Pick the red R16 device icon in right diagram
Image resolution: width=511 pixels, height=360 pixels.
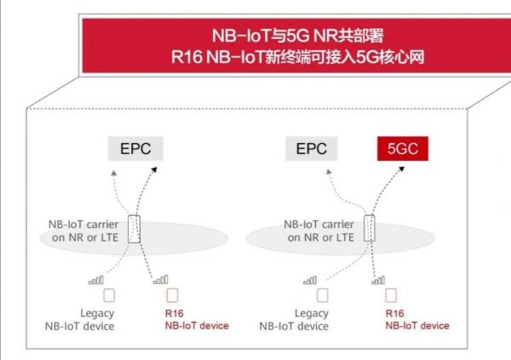point(391,296)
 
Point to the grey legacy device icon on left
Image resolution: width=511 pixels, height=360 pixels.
point(108,296)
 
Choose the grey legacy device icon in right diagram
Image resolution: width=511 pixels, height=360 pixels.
point(322,296)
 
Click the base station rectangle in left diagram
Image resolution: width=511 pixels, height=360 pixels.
point(134,229)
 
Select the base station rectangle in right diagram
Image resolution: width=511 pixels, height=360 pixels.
point(369,229)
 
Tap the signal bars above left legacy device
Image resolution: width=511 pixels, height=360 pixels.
point(96,279)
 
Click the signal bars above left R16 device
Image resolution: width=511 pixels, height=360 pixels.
point(159,279)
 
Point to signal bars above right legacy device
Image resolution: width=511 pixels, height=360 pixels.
point(310,279)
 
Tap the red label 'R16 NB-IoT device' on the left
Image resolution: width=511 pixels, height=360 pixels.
point(196,320)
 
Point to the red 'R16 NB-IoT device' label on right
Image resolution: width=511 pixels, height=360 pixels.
point(417,320)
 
